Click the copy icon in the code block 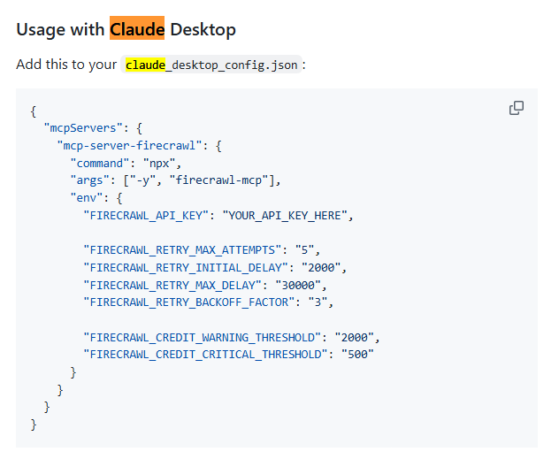coord(517,108)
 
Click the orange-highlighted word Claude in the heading coord(137,29)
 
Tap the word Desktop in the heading coord(203,29)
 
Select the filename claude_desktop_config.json coord(212,65)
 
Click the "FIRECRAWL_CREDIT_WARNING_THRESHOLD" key coord(208,337)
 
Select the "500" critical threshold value coord(356,355)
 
